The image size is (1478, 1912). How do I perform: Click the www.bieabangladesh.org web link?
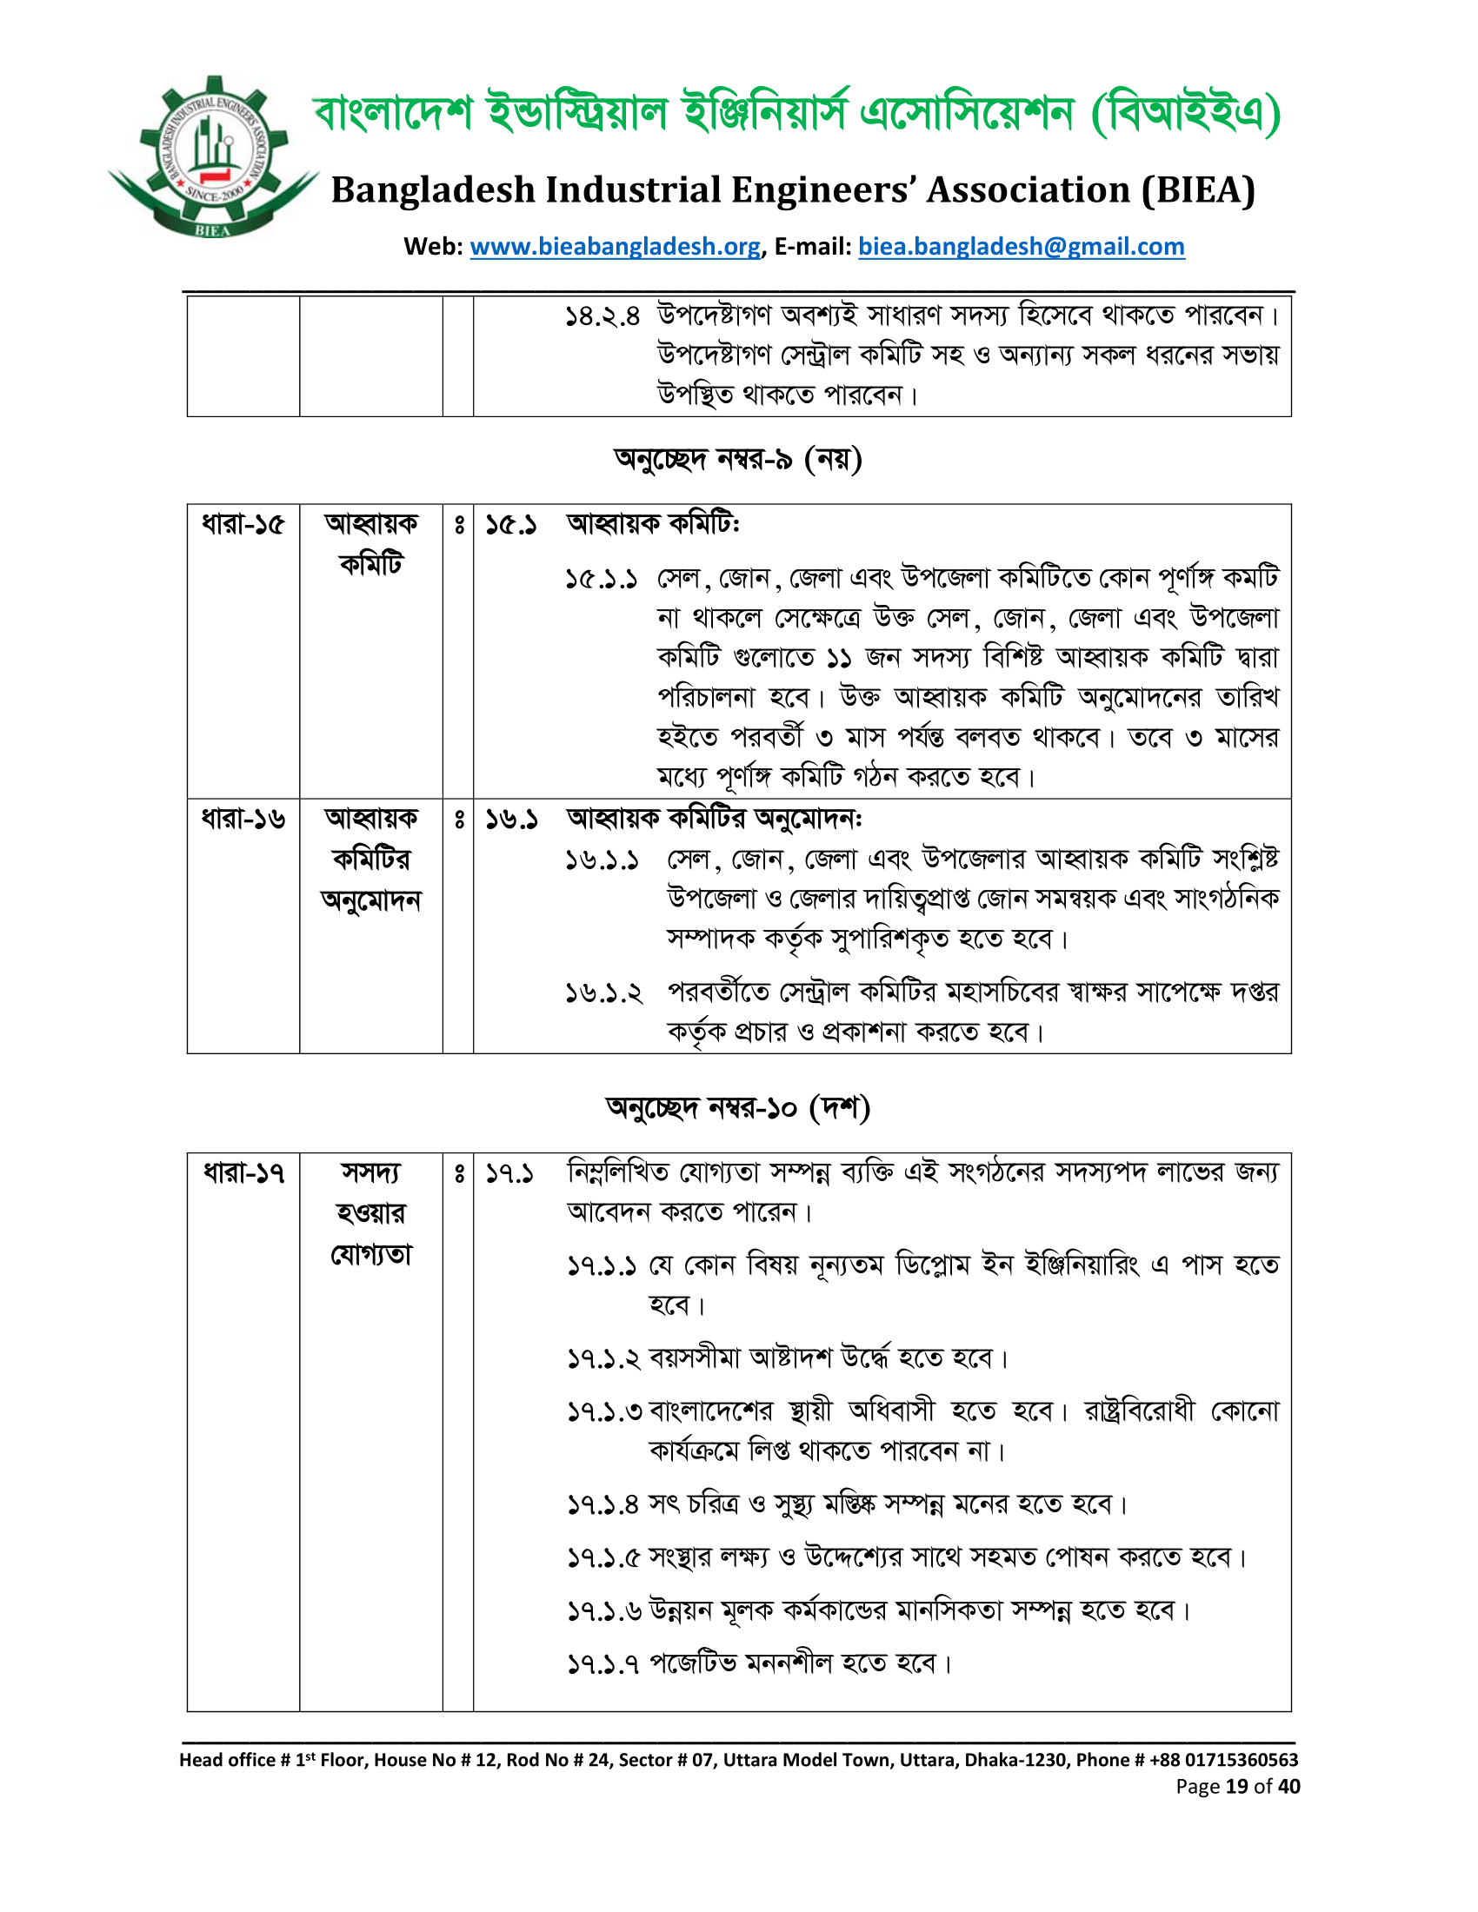click(615, 247)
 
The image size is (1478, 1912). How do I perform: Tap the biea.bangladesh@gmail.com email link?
click(1021, 247)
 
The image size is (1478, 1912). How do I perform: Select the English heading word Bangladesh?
click(433, 190)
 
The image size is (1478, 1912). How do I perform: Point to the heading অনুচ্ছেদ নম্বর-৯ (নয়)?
click(738, 459)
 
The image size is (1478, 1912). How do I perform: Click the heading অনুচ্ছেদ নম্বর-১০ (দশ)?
click(738, 1107)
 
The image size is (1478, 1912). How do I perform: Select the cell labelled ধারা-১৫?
click(243, 524)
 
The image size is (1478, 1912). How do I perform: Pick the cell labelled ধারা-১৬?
click(243, 819)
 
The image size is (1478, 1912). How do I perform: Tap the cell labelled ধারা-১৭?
click(243, 1172)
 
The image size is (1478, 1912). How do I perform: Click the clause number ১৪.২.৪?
click(603, 316)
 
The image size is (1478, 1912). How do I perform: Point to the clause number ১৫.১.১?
click(602, 579)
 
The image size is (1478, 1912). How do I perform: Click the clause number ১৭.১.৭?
click(603, 1663)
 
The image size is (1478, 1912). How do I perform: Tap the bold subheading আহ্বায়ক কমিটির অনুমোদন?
click(715, 819)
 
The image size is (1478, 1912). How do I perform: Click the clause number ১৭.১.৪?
click(603, 1505)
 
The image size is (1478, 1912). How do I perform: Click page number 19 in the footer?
click(1236, 1786)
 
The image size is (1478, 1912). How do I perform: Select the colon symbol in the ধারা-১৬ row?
click(459, 820)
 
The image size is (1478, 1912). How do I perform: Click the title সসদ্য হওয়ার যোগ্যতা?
click(371, 1212)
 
